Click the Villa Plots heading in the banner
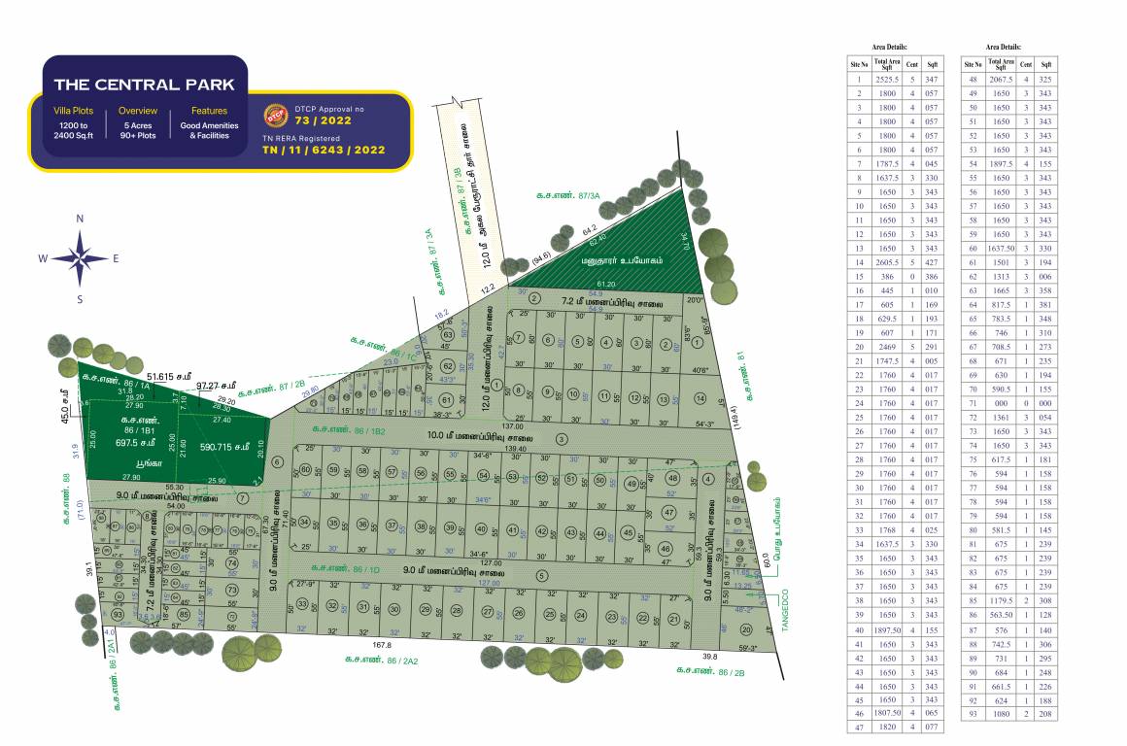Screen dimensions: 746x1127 click(x=74, y=111)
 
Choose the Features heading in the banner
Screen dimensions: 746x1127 click(x=209, y=111)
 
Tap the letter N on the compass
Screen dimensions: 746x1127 click(x=81, y=220)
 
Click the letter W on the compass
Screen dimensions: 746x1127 click(x=43, y=258)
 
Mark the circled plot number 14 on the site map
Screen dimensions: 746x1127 click(x=700, y=398)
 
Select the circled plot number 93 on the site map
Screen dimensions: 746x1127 click(x=118, y=615)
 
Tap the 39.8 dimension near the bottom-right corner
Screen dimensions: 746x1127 click(x=709, y=657)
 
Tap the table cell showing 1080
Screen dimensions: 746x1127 click(x=1000, y=714)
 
